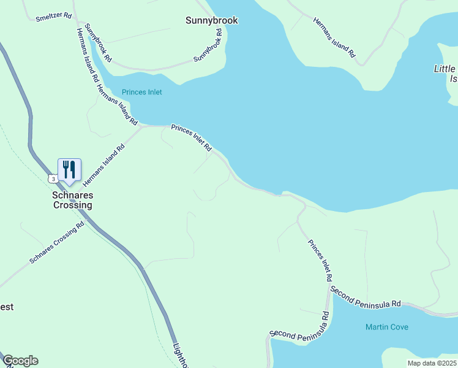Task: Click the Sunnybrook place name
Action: click(x=211, y=20)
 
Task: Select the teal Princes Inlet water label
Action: click(x=141, y=92)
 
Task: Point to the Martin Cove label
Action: click(x=386, y=327)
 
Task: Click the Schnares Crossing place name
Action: click(x=72, y=201)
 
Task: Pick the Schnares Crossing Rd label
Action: click(x=56, y=245)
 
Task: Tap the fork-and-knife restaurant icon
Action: click(x=69, y=169)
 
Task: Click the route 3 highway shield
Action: click(x=53, y=178)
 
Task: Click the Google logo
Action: click(x=20, y=361)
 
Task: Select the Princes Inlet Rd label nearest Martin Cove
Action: click(x=321, y=261)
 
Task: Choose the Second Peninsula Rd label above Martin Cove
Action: click(x=365, y=296)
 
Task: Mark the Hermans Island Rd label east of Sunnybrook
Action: click(x=334, y=37)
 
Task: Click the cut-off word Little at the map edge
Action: click(x=445, y=69)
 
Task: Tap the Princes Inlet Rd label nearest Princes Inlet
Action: click(x=191, y=139)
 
